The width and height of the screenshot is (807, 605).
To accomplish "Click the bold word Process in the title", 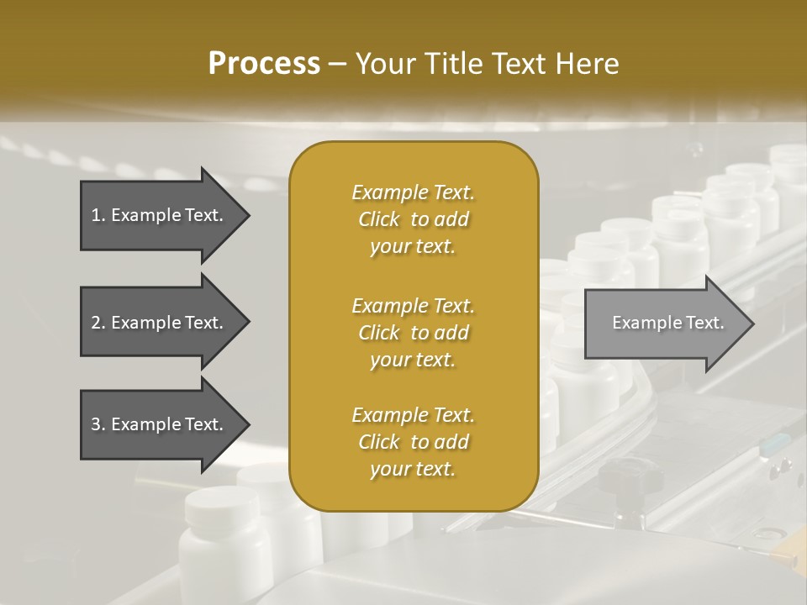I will click(264, 64).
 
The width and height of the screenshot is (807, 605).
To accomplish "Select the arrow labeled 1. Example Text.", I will click(160, 215).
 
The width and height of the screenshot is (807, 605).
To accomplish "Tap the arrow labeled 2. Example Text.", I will click(160, 323).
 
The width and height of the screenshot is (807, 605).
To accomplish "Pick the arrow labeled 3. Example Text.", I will click(160, 424).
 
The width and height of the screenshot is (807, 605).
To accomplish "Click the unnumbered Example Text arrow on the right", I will click(668, 323).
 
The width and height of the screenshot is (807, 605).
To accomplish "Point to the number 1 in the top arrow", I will click(95, 215).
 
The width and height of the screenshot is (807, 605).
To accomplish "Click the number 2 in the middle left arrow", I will click(95, 323).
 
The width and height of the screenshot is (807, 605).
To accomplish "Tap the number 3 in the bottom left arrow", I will click(95, 424).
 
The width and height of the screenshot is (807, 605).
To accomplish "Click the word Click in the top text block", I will click(379, 220).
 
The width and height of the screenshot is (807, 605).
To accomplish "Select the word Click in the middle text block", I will click(379, 333).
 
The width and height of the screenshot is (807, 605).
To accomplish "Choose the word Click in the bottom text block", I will click(379, 442).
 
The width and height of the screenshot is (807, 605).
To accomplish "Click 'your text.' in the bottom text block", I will click(413, 470).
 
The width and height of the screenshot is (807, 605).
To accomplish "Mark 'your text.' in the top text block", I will click(413, 247).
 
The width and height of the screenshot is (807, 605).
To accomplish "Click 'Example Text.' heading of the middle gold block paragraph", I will click(413, 305).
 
